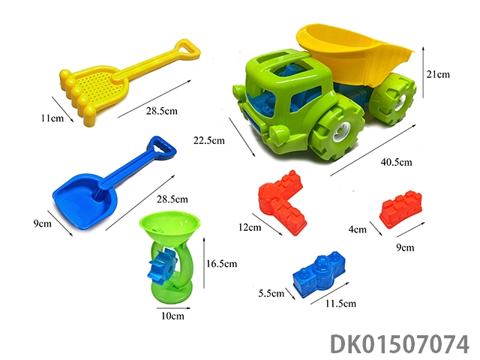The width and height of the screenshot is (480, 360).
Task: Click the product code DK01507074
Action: (x=400, y=343)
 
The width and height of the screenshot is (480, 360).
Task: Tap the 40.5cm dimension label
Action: (x=397, y=162)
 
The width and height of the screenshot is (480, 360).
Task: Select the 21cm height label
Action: (x=438, y=74)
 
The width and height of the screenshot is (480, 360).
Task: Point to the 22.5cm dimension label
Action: (x=209, y=140)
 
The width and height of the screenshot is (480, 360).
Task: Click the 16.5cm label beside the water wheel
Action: (x=222, y=263)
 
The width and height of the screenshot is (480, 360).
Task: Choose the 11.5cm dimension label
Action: (x=340, y=303)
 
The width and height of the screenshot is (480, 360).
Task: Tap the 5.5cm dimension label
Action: (x=271, y=293)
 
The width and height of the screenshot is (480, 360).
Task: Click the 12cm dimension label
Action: (x=250, y=227)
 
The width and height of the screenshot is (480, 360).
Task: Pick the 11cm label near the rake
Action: (x=52, y=118)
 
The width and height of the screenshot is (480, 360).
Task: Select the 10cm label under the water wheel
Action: (x=172, y=316)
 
